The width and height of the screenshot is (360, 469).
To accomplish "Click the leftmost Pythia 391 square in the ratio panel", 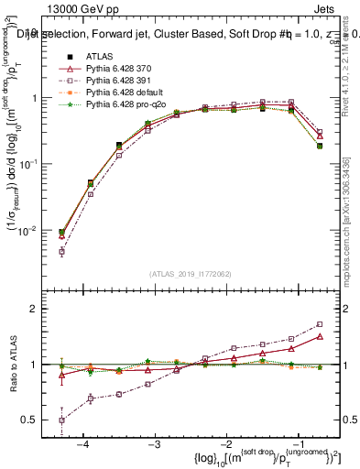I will click(61, 420).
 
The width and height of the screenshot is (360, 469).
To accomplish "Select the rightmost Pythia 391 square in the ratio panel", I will click(320, 324).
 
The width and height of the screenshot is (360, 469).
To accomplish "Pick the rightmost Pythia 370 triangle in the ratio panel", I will click(320, 336).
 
